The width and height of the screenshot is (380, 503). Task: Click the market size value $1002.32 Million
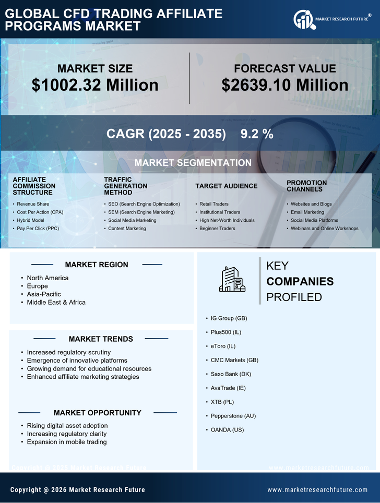tap(95, 85)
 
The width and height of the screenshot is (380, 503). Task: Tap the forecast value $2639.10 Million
tap(284, 85)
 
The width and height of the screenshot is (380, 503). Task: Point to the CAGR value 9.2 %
tap(257, 134)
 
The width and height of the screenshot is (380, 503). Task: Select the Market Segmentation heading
tap(193, 163)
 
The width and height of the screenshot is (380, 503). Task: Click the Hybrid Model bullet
tap(30, 220)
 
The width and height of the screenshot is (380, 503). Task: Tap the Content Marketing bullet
tap(127, 229)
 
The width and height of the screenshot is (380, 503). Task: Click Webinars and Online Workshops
tap(324, 229)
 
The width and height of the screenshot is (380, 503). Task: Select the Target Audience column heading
tap(226, 186)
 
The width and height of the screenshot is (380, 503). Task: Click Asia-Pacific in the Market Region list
tap(44, 294)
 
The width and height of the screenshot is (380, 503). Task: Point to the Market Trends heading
tap(101, 339)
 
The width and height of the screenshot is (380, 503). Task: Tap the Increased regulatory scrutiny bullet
tap(68, 352)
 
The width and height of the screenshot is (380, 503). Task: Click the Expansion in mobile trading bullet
tap(67, 442)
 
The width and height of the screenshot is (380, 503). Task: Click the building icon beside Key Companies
tap(232, 279)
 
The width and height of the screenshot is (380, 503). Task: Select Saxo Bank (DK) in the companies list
tap(230, 374)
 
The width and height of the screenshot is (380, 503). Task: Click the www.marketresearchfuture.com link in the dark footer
tap(317, 490)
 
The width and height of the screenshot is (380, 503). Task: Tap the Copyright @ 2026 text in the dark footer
tap(78, 490)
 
